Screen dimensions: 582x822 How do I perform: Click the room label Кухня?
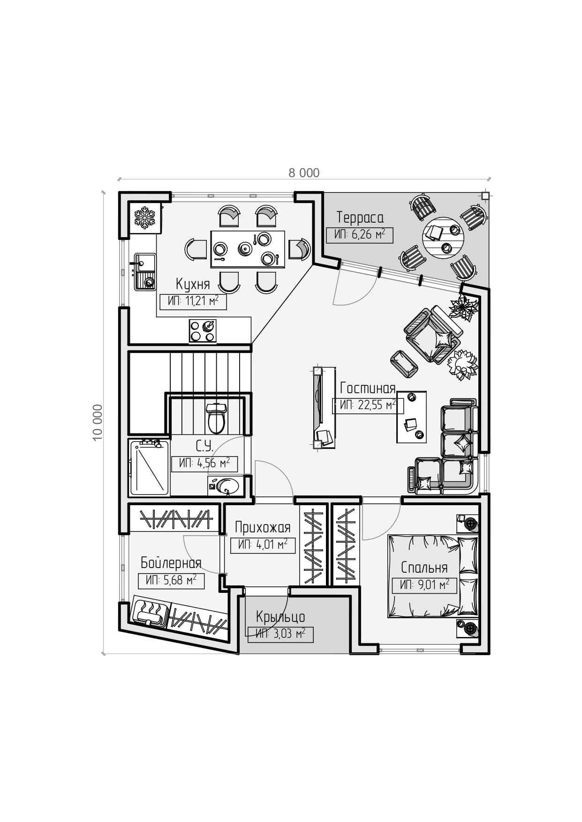[193, 284]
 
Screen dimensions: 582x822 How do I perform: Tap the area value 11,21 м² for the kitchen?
[193, 301]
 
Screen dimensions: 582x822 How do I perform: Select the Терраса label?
[360, 218]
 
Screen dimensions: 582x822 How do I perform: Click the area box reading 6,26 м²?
[359, 234]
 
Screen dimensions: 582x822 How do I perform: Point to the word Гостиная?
[368, 388]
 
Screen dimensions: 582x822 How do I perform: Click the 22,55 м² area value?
[368, 405]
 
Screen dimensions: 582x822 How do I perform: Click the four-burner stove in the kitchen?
[203, 331]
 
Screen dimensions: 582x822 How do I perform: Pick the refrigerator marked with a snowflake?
[145, 218]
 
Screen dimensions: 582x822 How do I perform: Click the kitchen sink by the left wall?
[145, 271]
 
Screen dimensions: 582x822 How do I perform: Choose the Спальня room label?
[424, 568]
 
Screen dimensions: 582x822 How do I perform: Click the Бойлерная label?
[171, 563]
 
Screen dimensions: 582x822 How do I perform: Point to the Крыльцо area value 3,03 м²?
[280, 635]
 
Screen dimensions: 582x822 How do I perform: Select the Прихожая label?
[263, 528]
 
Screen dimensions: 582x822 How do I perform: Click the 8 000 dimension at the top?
[304, 173]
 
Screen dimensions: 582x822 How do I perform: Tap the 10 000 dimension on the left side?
[97, 422]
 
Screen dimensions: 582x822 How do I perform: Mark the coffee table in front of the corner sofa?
[411, 417]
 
